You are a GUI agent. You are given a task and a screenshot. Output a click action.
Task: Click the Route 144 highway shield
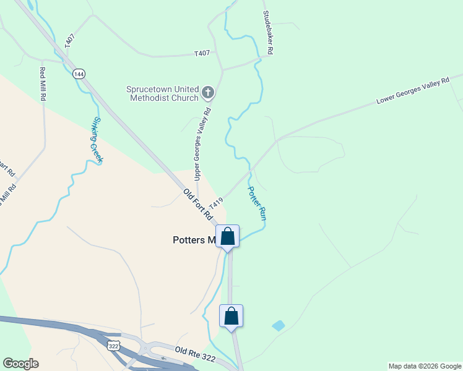[x=79, y=74]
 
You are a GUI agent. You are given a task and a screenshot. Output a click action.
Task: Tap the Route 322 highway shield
[x=114, y=346]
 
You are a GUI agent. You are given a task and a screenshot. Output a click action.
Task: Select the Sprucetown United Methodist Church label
[x=163, y=93]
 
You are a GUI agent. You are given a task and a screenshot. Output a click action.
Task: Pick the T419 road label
[x=215, y=203]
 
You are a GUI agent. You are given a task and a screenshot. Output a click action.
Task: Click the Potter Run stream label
[x=257, y=204]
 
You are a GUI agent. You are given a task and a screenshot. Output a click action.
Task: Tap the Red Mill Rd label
[x=43, y=84]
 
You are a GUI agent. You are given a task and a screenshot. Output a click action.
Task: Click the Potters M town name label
[x=193, y=240]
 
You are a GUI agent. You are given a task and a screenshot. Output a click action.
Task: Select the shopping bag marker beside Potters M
[x=227, y=237]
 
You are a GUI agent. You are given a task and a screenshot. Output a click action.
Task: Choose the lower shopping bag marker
[x=231, y=316]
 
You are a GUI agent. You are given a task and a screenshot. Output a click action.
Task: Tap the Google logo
[x=20, y=364]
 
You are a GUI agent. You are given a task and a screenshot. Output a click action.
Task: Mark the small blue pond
[x=279, y=325]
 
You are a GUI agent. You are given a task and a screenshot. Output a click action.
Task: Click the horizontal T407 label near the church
[x=202, y=54]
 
